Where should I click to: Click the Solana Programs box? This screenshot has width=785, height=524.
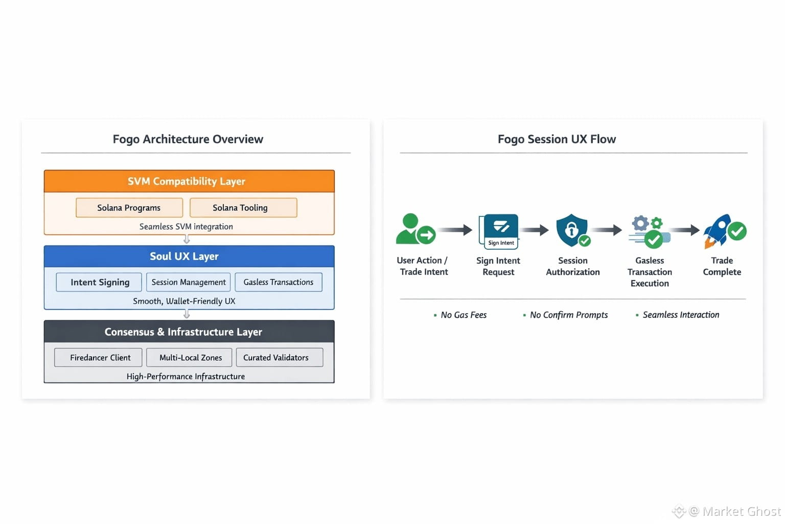[129, 208]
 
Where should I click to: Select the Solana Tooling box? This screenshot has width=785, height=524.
[244, 208]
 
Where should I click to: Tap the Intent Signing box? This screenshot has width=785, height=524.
[99, 282]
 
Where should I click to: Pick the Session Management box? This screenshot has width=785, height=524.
[189, 282]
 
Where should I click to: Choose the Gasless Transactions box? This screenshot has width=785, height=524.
[279, 282]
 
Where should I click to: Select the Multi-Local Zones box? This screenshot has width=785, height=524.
[189, 358]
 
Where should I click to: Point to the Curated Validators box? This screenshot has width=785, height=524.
[280, 358]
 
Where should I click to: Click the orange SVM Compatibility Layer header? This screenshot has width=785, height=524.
[189, 181]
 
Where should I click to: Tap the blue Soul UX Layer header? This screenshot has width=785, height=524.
[189, 256]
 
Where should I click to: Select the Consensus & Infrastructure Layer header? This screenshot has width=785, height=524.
[189, 332]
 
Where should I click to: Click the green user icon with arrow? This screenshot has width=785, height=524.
[416, 229]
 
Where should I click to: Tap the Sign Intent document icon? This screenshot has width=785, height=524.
[499, 232]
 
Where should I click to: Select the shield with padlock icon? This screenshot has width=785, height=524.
[573, 231]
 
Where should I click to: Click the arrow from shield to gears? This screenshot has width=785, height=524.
[607, 230]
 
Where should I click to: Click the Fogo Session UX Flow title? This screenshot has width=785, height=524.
[557, 139]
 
